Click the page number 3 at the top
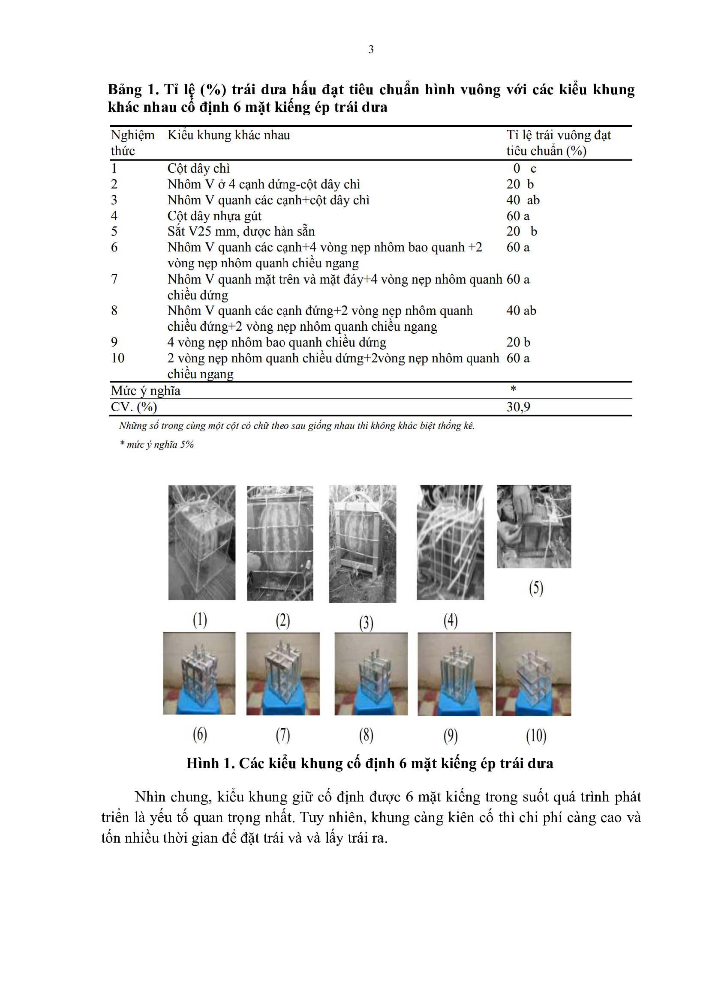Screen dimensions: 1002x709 pos(371,49)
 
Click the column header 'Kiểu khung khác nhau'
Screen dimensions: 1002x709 pos(228,135)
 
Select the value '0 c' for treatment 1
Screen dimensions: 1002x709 pos(524,168)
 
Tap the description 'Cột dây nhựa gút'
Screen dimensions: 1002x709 pos(214,216)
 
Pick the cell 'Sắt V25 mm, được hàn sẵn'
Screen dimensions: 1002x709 pos(240,231)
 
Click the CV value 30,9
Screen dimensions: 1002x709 pos(518,407)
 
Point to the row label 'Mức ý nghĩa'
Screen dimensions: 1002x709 pos(145,391)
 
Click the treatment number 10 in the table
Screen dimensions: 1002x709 pos(118,358)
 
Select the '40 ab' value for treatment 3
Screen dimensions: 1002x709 pos(523,200)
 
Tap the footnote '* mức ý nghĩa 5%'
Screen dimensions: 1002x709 pos(157,444)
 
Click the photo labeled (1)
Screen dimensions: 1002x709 pos(202,542)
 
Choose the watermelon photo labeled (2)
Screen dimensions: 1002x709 pos(280,543)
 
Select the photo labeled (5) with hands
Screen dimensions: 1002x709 pos(534,526)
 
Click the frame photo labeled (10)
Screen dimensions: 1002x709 pos(533,674)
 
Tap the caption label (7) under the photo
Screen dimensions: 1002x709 pos(283,735)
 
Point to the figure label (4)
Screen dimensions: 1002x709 pos(451,620)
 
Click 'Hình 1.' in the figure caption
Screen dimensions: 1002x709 pos(210,763)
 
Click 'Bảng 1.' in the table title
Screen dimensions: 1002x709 pos(133,90)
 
